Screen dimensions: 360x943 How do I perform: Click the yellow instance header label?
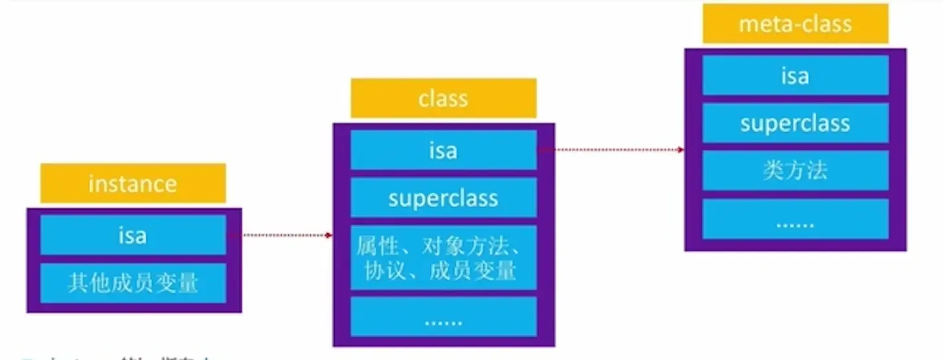pos(133,183)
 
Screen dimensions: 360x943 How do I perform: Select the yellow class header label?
pos(444,98)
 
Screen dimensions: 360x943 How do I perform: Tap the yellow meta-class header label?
pos(795,25)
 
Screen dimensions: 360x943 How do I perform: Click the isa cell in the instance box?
pos(133,235)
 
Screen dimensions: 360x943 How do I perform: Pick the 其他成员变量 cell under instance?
pos(133,283)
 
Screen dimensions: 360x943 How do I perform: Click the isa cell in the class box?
pos(444,150)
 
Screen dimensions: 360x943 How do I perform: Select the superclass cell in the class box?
pos(444,197)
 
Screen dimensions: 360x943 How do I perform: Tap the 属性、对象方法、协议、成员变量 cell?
pos(444,258)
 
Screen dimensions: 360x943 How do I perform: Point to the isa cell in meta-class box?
pos(795,76)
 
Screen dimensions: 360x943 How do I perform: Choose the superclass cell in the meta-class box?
pos(795,123)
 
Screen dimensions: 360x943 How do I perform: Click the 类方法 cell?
pos(795,170)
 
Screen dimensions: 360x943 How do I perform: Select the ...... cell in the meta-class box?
pos(795,220)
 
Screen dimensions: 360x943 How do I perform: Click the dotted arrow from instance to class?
pos(278,235)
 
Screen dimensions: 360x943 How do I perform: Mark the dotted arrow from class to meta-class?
pos(609,150)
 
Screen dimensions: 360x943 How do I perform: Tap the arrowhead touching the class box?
pos(330,235)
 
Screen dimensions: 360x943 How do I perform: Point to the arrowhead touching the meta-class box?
pos(681,150)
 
